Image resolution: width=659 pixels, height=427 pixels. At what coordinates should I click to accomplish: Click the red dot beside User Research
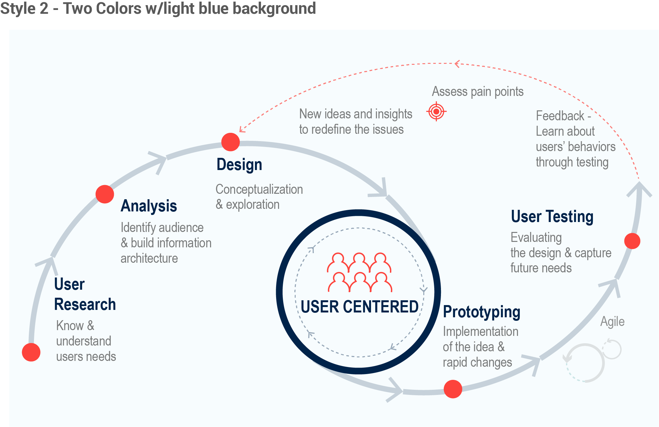31,352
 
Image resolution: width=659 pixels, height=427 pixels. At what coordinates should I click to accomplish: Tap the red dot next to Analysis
105,194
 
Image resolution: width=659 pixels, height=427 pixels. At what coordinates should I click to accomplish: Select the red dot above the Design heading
231,142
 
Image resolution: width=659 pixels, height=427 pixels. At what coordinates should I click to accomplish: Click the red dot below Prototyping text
453,389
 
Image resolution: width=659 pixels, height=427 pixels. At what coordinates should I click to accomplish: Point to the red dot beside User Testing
632,241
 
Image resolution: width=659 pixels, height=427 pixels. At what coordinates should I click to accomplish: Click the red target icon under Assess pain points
436,112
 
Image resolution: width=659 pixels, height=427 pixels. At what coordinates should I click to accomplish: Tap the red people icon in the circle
359,272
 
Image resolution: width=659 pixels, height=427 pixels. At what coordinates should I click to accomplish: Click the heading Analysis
149,206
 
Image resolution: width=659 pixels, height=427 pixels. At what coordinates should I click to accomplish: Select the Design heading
239,165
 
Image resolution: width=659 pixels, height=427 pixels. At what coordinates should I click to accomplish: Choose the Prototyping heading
481,312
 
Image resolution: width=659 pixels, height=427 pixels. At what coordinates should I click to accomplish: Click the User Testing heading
552,217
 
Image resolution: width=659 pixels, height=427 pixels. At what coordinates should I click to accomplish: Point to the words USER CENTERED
359,307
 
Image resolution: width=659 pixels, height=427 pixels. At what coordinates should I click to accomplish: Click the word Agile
612,322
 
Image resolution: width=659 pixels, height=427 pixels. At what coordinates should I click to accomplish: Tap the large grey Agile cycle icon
585,363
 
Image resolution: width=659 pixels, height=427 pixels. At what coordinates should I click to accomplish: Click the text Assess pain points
477,92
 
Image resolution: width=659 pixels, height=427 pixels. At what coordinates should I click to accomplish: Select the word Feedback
560,116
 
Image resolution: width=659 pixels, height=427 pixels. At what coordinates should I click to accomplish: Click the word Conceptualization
259,189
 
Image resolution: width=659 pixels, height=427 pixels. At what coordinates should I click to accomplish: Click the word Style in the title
18,8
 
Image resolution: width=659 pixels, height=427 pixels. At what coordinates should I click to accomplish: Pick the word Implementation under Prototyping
480,332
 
